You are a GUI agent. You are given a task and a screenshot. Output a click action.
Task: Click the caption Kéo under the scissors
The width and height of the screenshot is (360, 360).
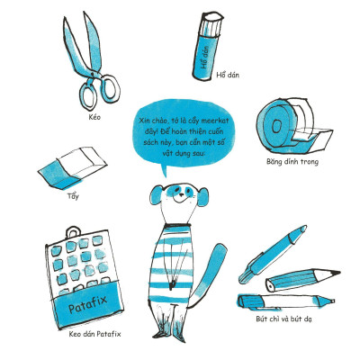click(x=94, y=117)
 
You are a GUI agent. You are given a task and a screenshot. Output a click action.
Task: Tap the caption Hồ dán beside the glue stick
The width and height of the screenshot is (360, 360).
click(x=228, y=75)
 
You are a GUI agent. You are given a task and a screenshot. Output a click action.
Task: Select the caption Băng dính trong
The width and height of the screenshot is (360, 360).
click(x=292, y=162)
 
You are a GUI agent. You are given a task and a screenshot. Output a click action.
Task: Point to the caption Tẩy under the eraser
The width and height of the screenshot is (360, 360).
click(x=73, y=196)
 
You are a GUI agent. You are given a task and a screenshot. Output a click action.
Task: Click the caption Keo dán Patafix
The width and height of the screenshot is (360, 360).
click(x=94, y=334)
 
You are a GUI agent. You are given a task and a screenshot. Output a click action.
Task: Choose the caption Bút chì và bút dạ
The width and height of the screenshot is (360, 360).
click(x=283, y=319)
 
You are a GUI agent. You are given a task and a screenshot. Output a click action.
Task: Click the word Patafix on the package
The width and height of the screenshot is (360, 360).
click(x=87, y=303)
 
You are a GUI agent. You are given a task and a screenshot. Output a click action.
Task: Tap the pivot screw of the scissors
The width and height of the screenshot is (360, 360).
click(x=92, y=73)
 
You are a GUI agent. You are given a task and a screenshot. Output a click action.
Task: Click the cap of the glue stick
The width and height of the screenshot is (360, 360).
click(x=212, y=23)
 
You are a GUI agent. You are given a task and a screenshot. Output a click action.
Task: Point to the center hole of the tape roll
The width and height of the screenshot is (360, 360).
click(x=275, y=126)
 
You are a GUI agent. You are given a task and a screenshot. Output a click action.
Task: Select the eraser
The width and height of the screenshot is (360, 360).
click(x=72, y=167)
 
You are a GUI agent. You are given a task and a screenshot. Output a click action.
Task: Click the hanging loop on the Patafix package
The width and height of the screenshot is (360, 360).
click(x=73, y=232)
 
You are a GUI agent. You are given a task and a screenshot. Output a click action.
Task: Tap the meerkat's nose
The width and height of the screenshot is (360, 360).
click(x=182, y=194)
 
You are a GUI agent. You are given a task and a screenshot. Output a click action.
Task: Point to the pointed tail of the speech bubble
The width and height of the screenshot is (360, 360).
click(x=165, y=174)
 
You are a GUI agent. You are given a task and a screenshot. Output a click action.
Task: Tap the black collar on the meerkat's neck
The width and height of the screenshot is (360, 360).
click(x=177, y=224)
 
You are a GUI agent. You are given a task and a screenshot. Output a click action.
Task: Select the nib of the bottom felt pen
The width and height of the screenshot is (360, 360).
click(x=331, y=301)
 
